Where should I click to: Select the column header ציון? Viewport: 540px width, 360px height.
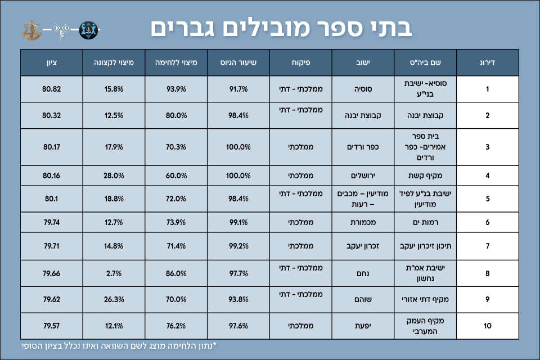pos(51,62)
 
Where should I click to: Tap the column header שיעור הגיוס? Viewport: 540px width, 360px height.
pos(238,62)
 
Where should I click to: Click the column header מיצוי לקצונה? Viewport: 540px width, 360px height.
pos(113,62)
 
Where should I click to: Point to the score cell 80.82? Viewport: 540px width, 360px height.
pos(51,89)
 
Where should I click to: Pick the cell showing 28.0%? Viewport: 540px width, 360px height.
pos(114,175)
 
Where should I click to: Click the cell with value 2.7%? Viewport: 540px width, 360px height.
pos(114,274)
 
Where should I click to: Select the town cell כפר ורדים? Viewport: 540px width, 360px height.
pos(363,147)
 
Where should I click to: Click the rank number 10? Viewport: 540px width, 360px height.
pos(487,326)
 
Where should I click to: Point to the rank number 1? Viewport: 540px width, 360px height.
pos(487,89)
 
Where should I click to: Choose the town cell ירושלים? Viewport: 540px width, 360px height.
pos(363,175)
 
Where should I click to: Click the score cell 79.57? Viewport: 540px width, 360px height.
pos(51,326)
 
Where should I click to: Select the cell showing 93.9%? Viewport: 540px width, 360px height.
pos(175,89)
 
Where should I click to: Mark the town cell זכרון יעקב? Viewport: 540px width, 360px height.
pos(363,246)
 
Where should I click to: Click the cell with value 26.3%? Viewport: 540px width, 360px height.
pos(114,299)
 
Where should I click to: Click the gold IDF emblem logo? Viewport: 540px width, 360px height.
pos(31,29)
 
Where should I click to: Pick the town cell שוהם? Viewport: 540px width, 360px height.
pos(363,299)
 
